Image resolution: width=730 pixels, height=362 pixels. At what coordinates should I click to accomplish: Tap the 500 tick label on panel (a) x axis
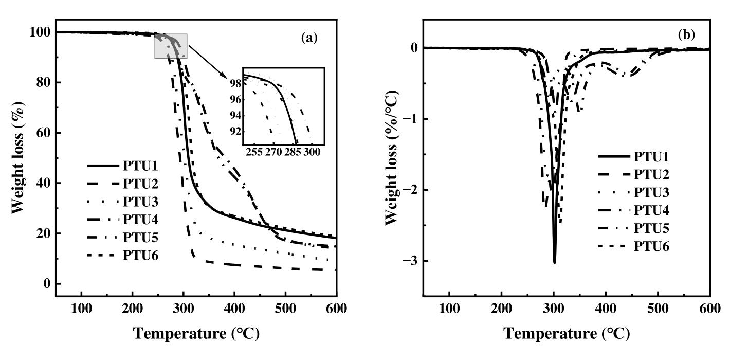pos(285,309)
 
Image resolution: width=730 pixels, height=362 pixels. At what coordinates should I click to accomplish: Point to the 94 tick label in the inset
pos(235,116)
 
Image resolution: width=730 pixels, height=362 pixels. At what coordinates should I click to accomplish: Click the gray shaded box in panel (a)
pos(171,46)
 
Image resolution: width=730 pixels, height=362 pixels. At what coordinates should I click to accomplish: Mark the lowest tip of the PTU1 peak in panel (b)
pos(554,263)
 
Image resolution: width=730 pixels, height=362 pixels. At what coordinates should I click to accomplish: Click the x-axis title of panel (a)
pos(197,333)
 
